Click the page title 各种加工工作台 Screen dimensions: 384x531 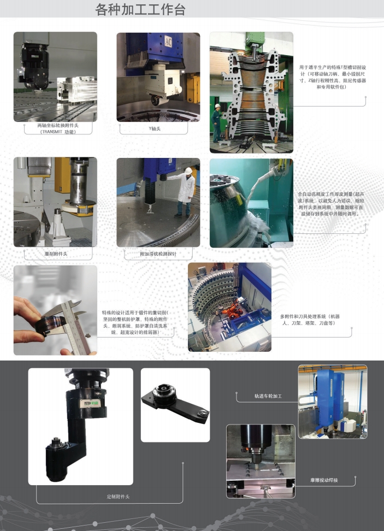tap(140, 9)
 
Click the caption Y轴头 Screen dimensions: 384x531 tap(155, 128)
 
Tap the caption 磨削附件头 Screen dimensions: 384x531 tap(56, 253)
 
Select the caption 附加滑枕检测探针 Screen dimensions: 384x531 tap(158, 253)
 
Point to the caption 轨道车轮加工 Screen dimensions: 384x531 tap(268, 396)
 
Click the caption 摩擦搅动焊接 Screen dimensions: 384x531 tap(324, 480)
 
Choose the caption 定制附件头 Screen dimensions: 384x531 tap(118, 497)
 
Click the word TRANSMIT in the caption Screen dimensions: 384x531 tap(52, 132)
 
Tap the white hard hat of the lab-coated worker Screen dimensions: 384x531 tap(188, 170)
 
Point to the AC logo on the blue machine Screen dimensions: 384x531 tap(168, 42)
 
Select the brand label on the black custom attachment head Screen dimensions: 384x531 tap(91, 403)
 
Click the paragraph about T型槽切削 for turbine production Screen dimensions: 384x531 tap(333, 77)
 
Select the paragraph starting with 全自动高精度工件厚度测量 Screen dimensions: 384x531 tap(330, 204)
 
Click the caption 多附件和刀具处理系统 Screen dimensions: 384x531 tap(310, 320)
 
